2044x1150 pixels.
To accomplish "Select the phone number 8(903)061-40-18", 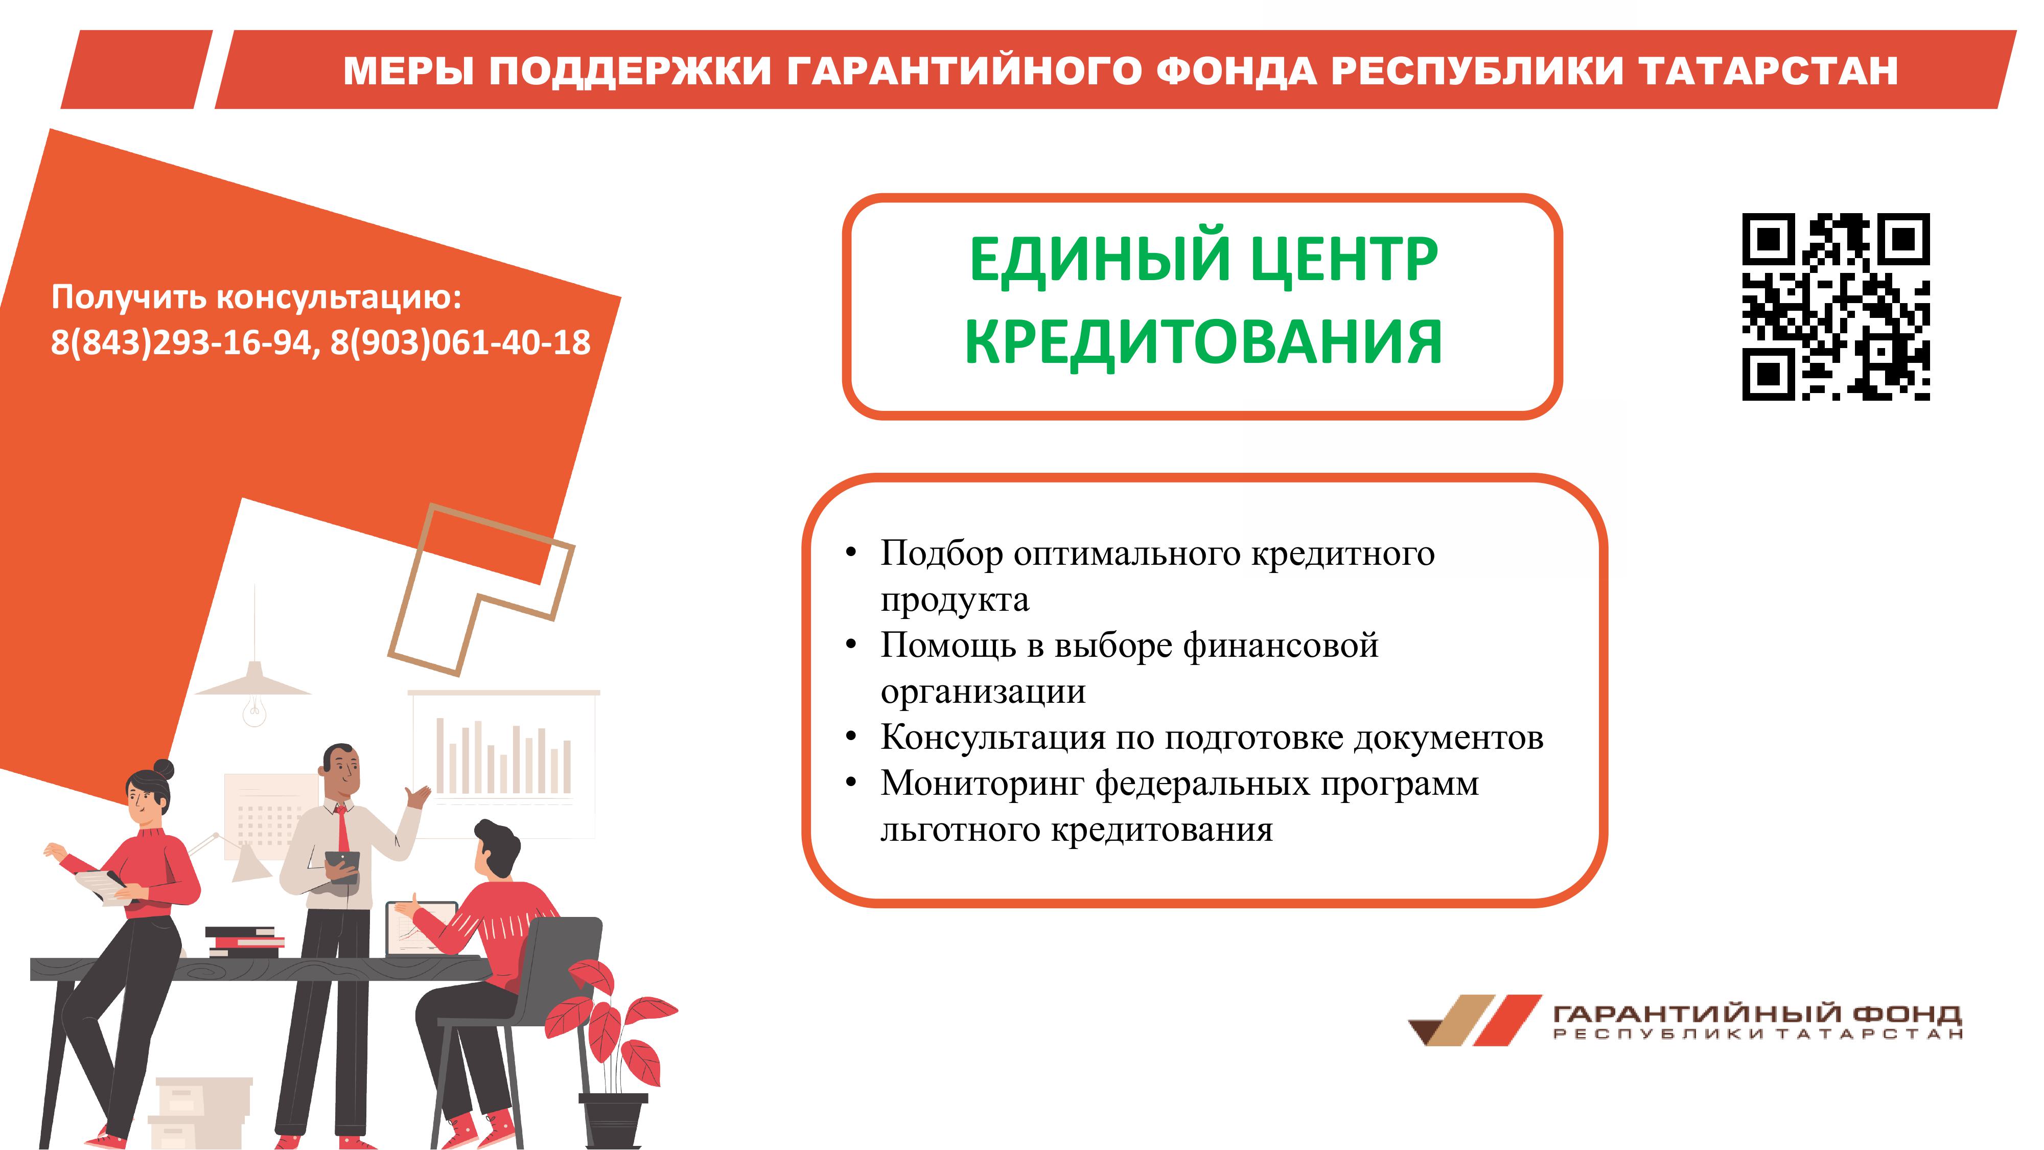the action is click(460, 342).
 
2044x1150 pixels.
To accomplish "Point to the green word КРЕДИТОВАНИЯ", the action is click(1203, 341).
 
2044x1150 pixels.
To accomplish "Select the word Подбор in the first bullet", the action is click(942, 553).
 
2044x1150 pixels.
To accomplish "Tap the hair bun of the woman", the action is click(164, 769).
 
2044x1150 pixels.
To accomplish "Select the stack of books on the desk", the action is click(244, 941).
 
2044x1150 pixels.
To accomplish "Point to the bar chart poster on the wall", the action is click(504, 763).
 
